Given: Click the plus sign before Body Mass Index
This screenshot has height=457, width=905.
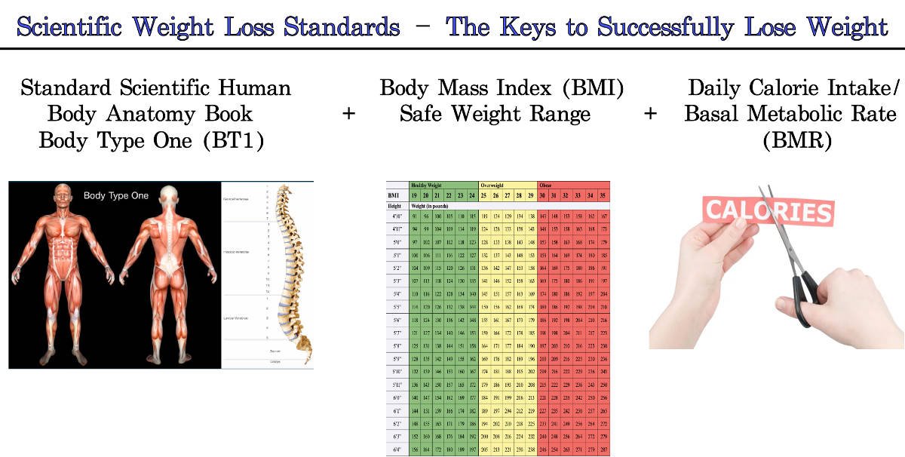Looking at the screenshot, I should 348,115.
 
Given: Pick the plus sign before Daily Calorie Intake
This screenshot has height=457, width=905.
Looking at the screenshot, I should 650,115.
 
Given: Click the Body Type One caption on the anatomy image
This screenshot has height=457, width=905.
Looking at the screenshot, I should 116,196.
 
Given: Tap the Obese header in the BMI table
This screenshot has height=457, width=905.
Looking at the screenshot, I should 545,185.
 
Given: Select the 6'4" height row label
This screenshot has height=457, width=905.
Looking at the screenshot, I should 396,450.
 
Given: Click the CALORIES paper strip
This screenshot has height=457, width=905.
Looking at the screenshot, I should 767,212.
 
